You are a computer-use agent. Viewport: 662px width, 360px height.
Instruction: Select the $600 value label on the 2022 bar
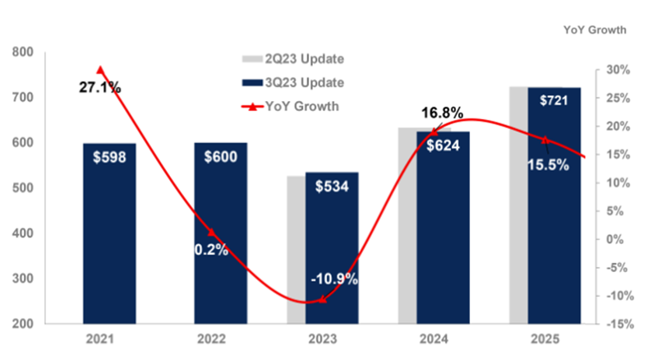220,156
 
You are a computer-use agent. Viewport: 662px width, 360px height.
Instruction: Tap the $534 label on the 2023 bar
332,186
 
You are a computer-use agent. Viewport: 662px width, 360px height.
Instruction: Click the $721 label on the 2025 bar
554,100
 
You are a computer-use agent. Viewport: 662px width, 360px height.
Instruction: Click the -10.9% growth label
334,279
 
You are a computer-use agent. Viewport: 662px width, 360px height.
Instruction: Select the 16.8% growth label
442,113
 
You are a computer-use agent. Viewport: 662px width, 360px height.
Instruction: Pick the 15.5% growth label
544,165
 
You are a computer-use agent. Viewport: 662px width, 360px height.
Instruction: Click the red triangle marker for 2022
211,233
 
